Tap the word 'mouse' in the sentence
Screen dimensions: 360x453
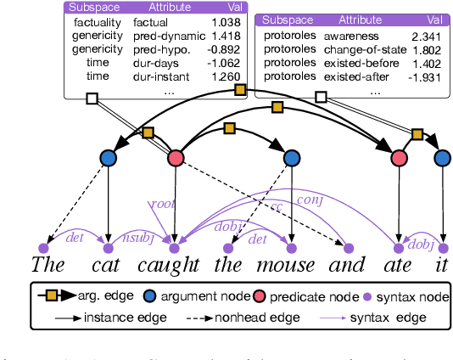coord(290,264)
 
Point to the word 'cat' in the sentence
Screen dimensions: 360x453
coord(108,264)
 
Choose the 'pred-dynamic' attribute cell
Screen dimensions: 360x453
coord(169,37)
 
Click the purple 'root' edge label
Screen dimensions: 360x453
coord(160,204)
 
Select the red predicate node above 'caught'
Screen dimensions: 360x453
coord(176,158)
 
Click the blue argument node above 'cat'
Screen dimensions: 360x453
coord(109,158)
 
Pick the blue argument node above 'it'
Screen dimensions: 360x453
coord(440,158)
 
